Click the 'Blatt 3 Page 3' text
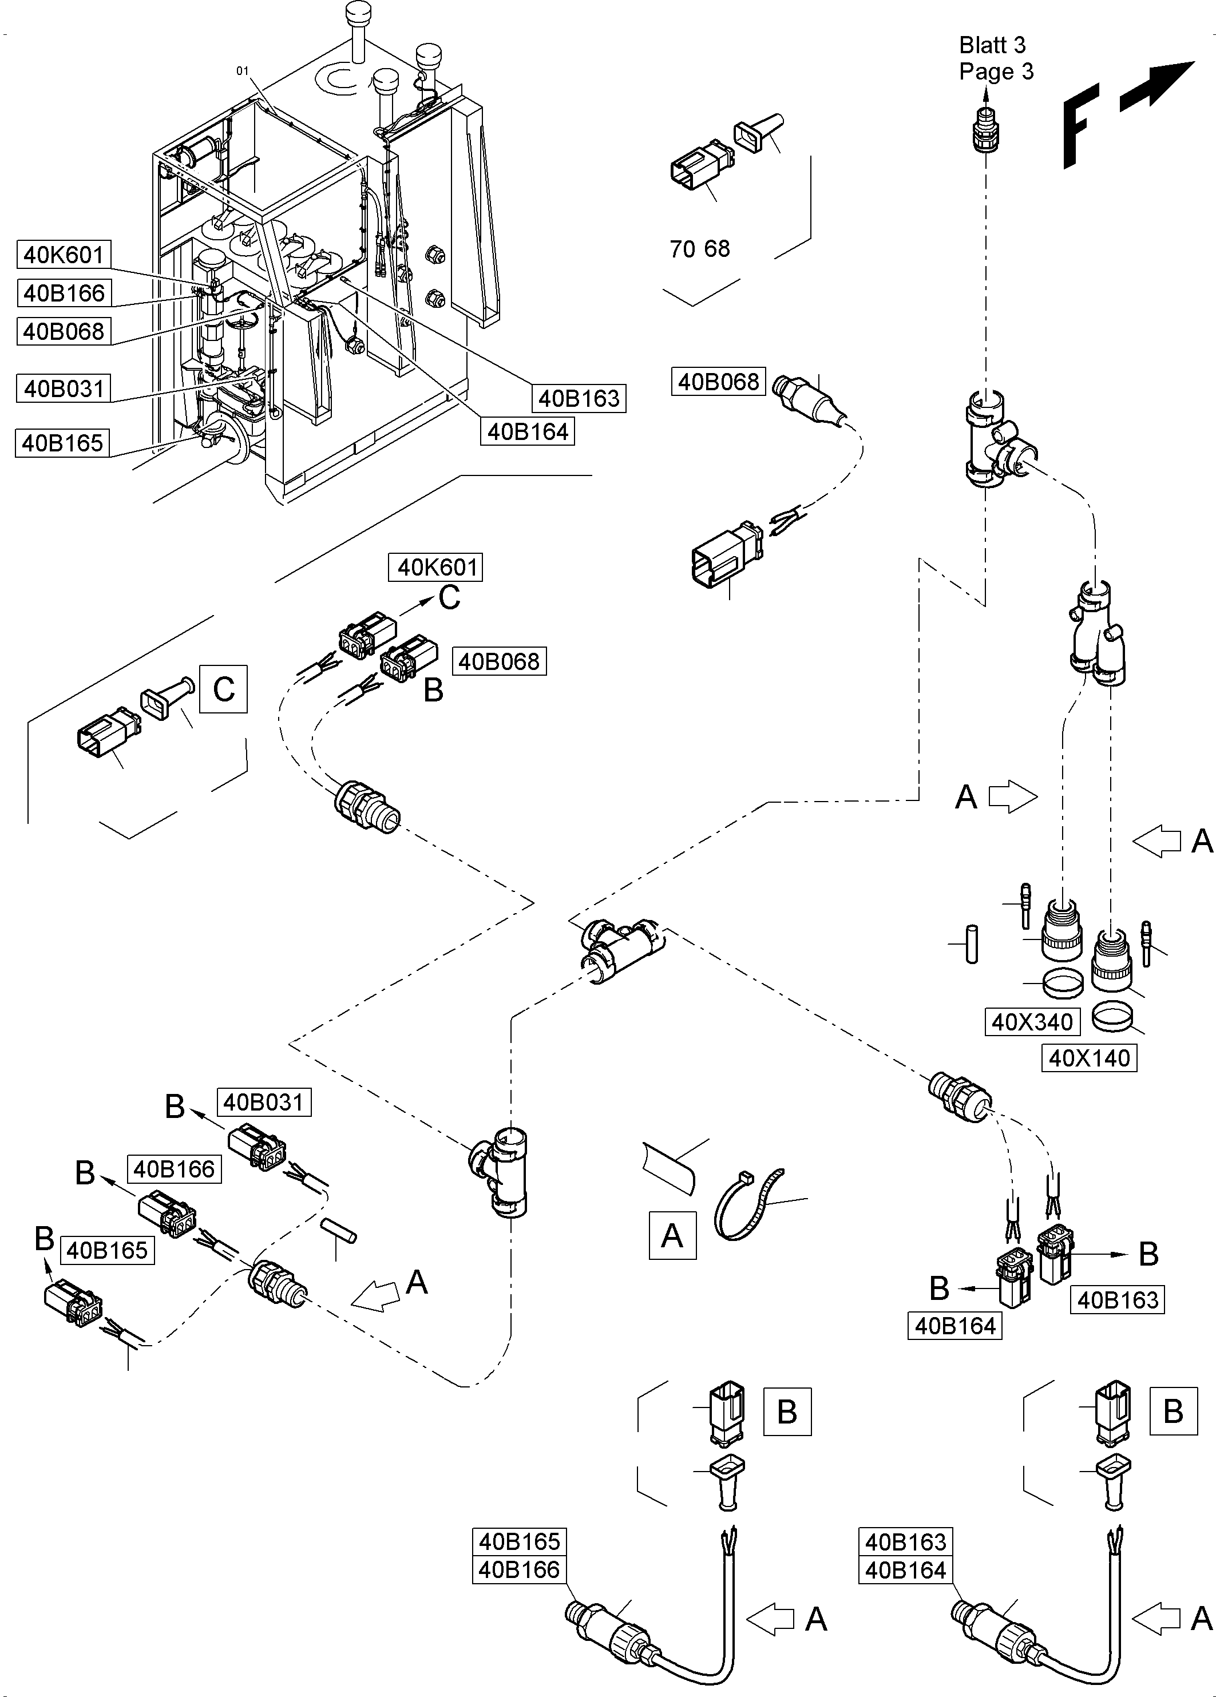pyautogui.click(x=995, y=58)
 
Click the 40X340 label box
pyautogui.click(x=1032, y=1021)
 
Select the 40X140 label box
pyautogui.click(x=1089, y=1058)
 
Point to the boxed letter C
pyautogui.click(x=223, y=688)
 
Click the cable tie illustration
pyautogui.click(x=748, y=1204)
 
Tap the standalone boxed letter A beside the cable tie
pyautogui.click(x=672, y=1235)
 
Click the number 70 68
pyautogui.click(x=699, y=249)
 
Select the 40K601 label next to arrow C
pyautogui.click(x=436, y=567)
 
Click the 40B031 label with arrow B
pyautogui.click(x=263, y=1102)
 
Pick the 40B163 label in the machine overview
pyautogui.click(x=579, y=398)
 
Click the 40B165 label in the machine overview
pyautogui.click(x=62, y=443)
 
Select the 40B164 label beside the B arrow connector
pyautogui.click(x=955, y=1326)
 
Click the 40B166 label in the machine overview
pyautogui.click(x=64, y=292)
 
